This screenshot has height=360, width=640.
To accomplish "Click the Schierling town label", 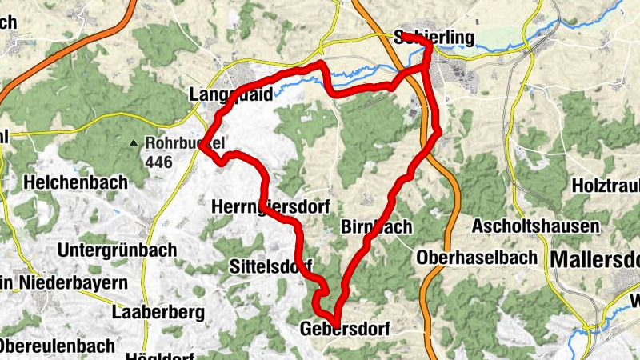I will tap(434, 38).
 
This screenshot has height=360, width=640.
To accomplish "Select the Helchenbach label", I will tap(75, 182).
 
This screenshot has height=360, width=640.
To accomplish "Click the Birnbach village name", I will tap(376, 226).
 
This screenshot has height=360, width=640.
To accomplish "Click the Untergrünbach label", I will tap(117, 250).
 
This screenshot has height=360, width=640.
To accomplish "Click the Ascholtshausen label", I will tap(535, 226).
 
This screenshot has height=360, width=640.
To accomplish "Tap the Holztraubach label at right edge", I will tap(606, 185).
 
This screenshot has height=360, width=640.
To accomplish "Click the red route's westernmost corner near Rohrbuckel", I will tap(204, 146).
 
